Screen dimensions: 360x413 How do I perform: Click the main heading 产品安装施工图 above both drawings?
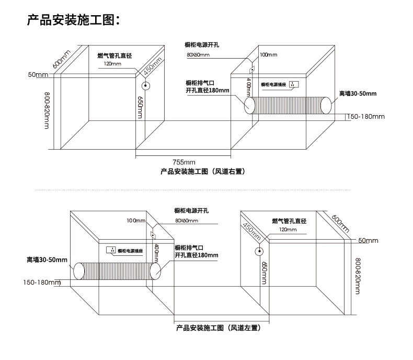(74, 20)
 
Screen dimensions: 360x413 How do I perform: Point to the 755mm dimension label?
(183, 162)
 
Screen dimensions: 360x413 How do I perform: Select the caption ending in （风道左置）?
(219, 328)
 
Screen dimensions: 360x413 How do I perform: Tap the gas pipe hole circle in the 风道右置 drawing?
(146, 86)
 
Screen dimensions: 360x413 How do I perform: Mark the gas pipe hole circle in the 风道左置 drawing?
(258, 252)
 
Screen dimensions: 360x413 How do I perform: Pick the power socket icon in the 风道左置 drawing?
(111, 250)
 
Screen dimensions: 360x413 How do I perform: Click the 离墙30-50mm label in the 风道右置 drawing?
(358, 93)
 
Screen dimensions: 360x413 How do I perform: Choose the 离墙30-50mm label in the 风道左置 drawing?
(47, 259)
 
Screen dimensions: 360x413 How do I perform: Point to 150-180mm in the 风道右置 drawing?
(366, 116)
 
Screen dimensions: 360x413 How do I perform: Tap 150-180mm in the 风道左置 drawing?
(42, 283)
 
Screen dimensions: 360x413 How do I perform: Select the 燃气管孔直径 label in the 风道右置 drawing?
(114, 55)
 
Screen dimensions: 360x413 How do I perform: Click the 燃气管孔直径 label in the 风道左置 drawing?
(289, 221)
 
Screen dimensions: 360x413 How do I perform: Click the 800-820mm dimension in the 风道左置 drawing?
(358, 277)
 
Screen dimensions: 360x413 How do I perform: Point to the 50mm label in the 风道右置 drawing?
(38, 74)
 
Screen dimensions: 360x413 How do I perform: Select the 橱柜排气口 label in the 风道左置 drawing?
(189, 247)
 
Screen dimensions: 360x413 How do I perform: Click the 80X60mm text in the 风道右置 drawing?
(198, 55)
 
